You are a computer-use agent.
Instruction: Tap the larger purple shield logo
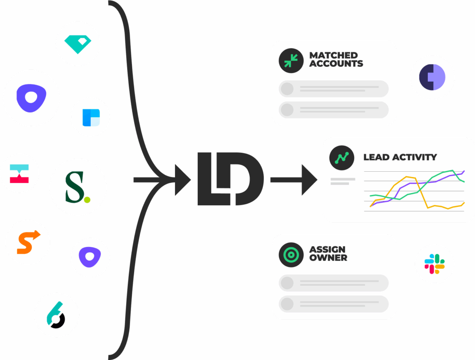click(31, 98)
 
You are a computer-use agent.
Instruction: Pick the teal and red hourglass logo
click(19, 173)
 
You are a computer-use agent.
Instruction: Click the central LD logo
click(230, 179)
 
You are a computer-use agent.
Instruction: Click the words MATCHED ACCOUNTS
click(336, 59)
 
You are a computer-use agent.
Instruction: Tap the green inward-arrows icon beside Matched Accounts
click(291, 60)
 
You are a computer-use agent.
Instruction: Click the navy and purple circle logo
click(432, 77)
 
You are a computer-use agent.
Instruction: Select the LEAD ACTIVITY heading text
click(400, 157)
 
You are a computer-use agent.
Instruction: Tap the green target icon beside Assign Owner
click(291, 254)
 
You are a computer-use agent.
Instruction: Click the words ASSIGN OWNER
click(328, 253)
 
